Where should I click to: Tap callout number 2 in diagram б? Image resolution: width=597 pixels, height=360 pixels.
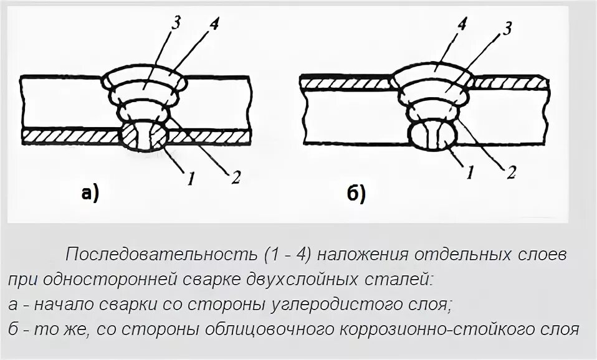point(511,173)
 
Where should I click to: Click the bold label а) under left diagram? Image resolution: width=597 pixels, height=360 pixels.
point(90,194)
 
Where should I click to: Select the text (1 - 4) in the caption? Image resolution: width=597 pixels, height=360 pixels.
point(286,255)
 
